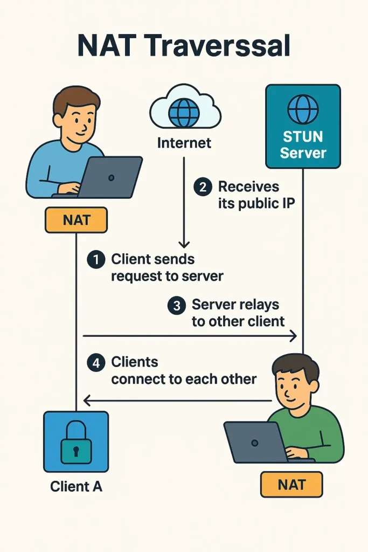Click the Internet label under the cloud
pyautogui.click(x=184, y=143)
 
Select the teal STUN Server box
pyautogui.click(x=303, y=126)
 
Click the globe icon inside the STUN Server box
pyautogui.click(x=303, y=109)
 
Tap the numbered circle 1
pyautogui.click(x=95, y=260)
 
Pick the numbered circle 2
pyautogui.click(x=203, y=188)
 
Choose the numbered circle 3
pyautogui.click(x=176, y=306)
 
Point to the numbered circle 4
pyautogui.click(x=95, y=363)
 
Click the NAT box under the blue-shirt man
pyautogui.click(x=76, y=220)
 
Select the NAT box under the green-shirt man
pyautogui.click(x=291, y=484)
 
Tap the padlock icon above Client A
pyautogui.click(x=76, y=441)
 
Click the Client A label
pyautogui.click(x=76, y=486)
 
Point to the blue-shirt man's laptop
pyautogui.click(x=110, y=177)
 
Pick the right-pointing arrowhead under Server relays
pyautogui.click(x=293, y=336)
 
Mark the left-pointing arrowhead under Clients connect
pyautogui.click(x=86, y=401)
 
